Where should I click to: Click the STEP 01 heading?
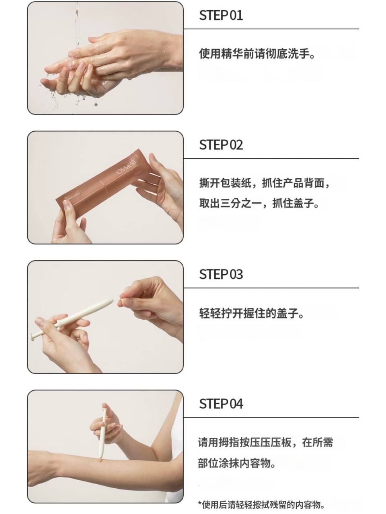[x=221, y=15]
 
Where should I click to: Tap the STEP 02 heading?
[x=221, y=145]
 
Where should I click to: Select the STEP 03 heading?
[x=221, y=274]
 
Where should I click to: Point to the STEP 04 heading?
[x=221, y=404]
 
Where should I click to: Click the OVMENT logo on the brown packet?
[x=127, y=167]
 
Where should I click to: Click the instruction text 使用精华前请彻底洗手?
[x=257, y=54]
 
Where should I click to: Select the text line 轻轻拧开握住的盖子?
[x=251, y=313]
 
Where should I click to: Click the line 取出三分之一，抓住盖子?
[x=259, y=203]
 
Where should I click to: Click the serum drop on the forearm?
[x=100, y=461]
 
